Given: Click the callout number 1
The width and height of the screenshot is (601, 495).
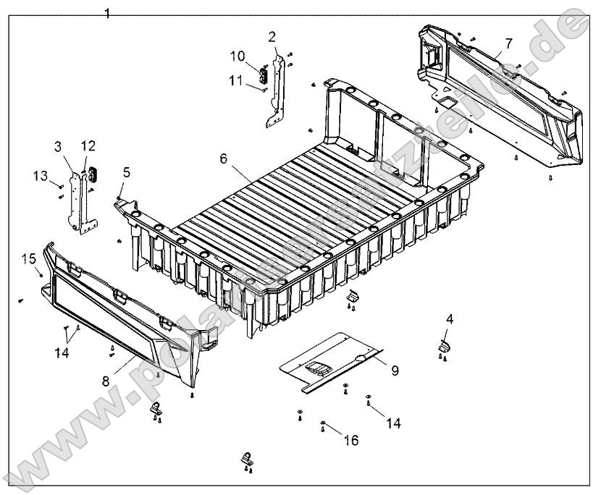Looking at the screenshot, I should (x=107, y=13).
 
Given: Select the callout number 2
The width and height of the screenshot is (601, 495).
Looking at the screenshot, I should (x=272, y=36).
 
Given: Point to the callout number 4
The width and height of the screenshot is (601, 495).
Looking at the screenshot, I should (x=450, y=318).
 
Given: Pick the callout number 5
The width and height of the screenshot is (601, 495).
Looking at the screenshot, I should (x=127, y=172).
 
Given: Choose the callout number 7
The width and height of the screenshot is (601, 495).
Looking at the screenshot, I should (x=508, y=43).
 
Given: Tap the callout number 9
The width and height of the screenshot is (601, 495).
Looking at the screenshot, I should (x=395, y=371).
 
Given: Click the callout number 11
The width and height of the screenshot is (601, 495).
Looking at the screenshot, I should (x=236, y=80).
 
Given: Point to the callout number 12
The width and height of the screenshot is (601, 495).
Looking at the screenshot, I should (x=88, y=146).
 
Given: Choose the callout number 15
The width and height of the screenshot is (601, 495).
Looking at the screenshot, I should (x=28, y=258).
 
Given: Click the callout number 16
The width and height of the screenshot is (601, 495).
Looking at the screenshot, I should (x=350, y=439).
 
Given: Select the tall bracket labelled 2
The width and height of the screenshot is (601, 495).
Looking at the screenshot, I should (x=276, y=90).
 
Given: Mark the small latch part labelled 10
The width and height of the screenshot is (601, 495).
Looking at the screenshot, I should (x=264, y=73).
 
